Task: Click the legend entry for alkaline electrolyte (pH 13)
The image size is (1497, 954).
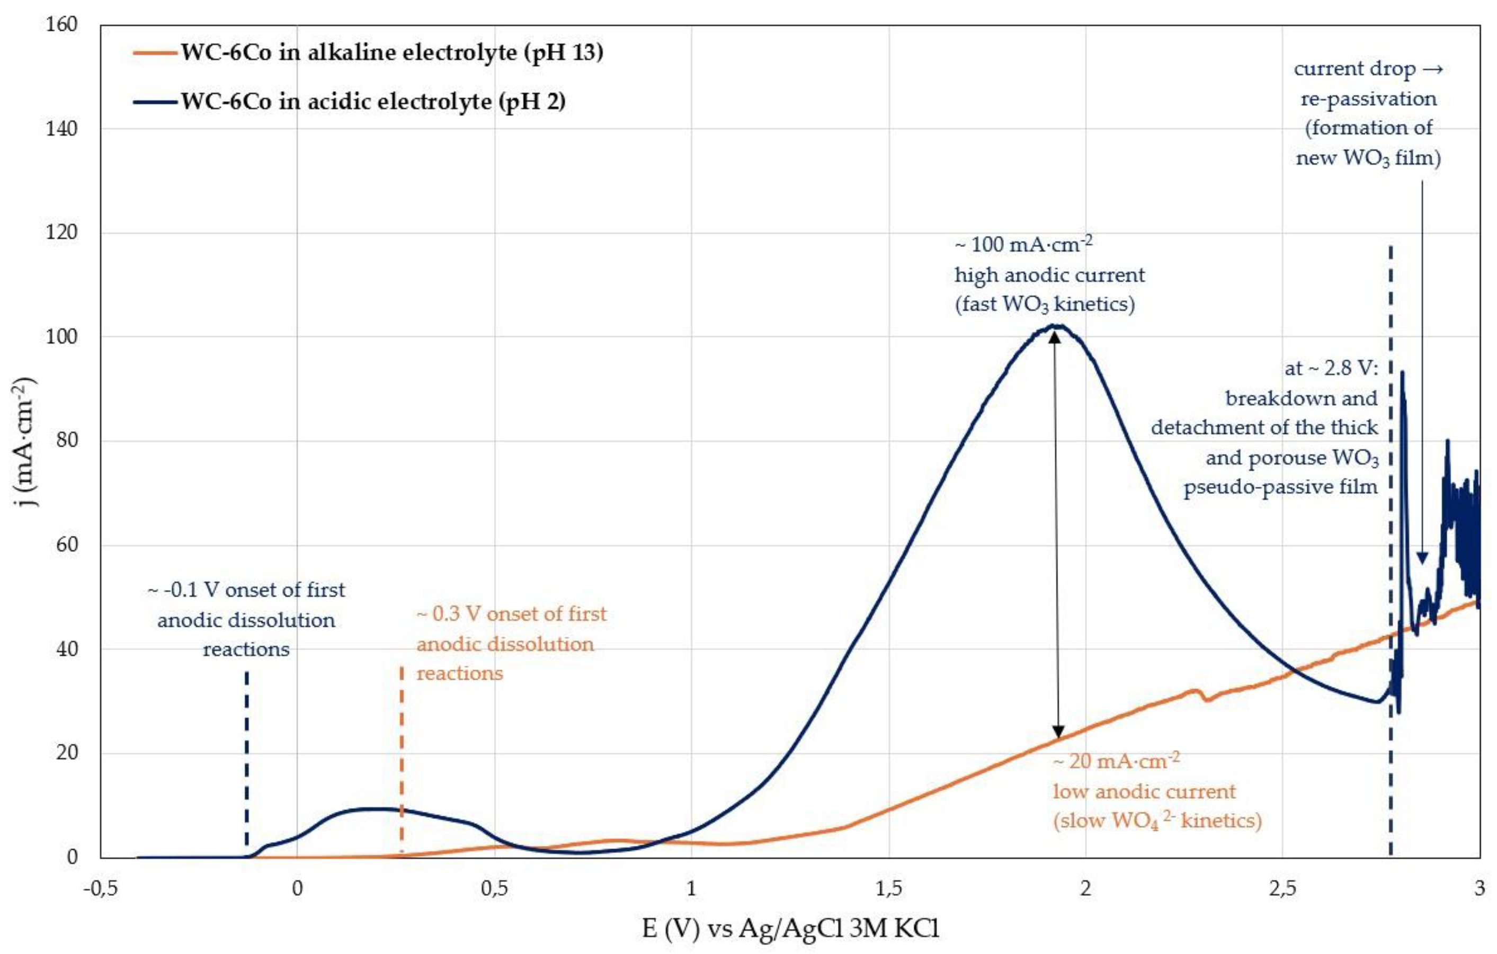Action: tap(391, 52)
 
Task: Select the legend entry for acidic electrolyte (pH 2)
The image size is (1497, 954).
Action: tap(373, 101)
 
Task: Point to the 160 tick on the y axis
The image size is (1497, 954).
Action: tap(61, 25)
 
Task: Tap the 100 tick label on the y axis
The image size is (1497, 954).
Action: tap(61, 337)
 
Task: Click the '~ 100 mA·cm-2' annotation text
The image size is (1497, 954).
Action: tap(1023, 244)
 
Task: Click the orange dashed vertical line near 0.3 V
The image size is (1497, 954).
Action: tap(402, 758)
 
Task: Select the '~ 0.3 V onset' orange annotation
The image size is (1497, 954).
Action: tap(511, 614)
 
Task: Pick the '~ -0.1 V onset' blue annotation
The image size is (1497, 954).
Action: tap(246, 589)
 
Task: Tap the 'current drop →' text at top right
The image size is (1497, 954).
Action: tap(1368, 68)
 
